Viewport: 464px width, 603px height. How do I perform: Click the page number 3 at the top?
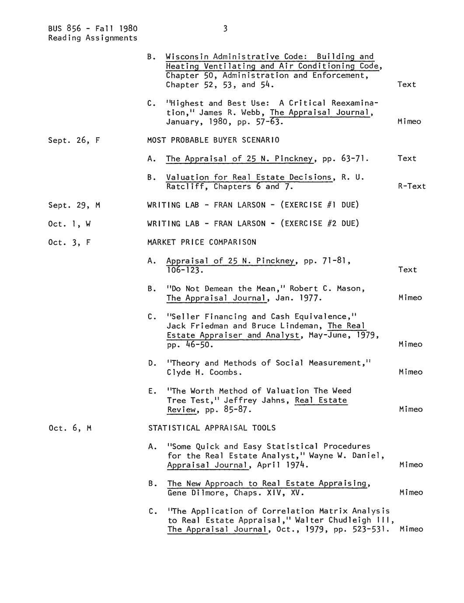(225, 29)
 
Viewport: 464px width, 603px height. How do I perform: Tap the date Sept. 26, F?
(74, 140)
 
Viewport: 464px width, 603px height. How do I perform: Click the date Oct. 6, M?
(70, 428)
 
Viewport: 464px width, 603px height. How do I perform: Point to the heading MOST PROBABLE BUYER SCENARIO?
(213, 140)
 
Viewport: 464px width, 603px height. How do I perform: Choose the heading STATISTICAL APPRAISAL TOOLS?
(212, 428)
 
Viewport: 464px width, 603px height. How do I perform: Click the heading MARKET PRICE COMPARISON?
(202, 242)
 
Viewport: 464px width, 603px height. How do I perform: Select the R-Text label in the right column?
(412, 187)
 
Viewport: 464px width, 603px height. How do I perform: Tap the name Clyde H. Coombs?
(204, 373)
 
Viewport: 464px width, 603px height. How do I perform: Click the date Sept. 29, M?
(74, 205)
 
